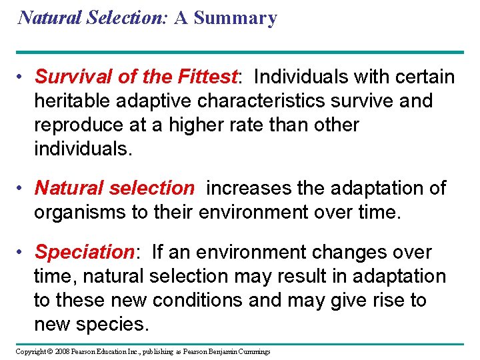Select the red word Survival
(75, 77)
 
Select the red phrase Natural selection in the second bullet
(114, 189)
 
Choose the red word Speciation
(85, 253)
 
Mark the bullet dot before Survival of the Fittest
(22, 78)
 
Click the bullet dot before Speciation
(22, 253)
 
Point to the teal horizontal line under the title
(240, 52)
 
